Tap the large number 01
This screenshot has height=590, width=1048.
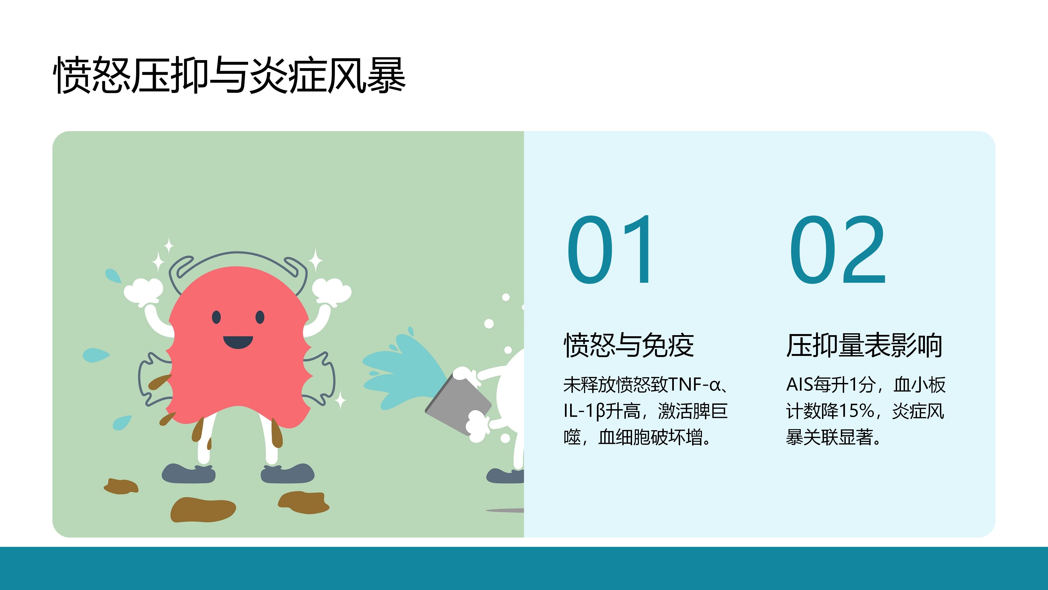(x=609, y=249)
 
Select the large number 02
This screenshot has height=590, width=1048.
(x=837, y=249)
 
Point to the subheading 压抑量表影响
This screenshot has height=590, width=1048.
(x=864, y=345)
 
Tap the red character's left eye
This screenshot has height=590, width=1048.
(x=216, y=317)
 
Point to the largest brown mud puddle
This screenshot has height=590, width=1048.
(x=203, y=510)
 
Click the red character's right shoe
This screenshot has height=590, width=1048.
(x=287, y=473)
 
